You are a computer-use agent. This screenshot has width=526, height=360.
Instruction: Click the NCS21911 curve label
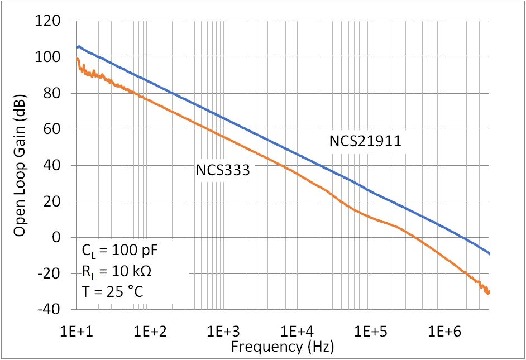click(365, 142)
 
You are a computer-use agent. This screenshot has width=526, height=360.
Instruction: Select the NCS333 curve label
click(222, 170)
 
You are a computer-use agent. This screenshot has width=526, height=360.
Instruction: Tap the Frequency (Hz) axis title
click(283, 347)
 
